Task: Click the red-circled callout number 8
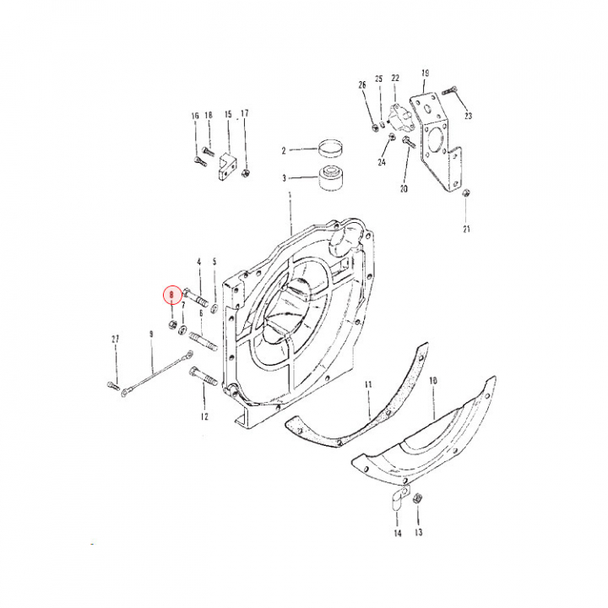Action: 171,295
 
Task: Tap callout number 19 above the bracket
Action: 425,73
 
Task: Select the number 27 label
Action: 115,339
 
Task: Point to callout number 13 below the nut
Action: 419,533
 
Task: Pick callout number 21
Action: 466,228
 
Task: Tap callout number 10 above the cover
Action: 432,381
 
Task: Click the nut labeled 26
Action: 374,128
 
